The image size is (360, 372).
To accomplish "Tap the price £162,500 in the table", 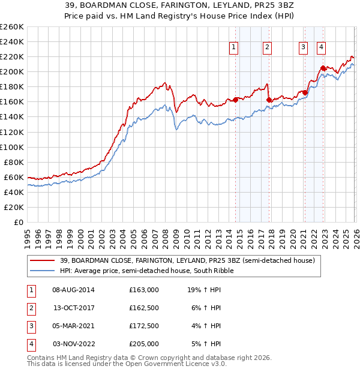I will (144, 308).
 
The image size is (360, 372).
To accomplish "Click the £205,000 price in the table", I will (144, 344).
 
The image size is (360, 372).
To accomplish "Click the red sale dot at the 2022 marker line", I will (323, 68).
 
